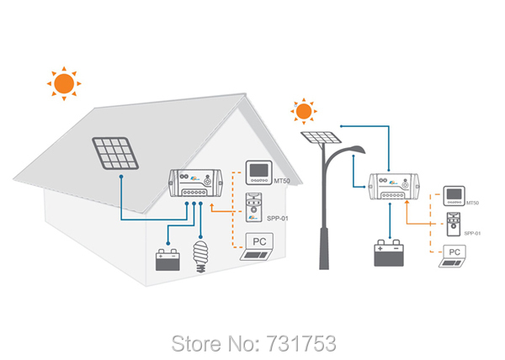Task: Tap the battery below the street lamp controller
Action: point(390,252)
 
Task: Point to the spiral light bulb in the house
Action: point(201,254)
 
